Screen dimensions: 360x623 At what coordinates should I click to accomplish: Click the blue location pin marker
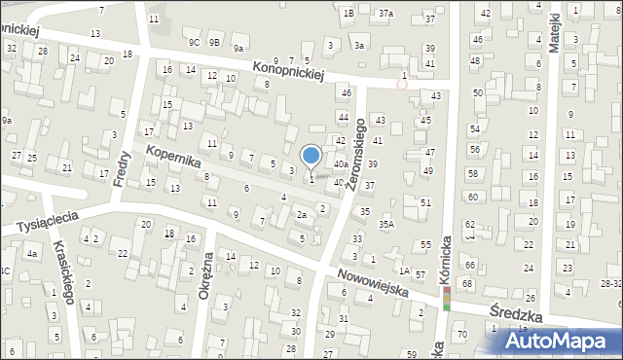point(311,157)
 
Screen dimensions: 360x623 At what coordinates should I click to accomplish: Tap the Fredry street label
point(123,166)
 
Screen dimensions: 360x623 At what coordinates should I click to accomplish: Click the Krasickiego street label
point(64,271)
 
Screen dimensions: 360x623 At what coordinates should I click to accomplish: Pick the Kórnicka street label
point(447,261)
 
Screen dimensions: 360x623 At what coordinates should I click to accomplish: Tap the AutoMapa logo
point(565,342)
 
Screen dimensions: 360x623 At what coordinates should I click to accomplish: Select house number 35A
point(387,225)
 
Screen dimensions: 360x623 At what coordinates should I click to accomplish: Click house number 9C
point(195,43)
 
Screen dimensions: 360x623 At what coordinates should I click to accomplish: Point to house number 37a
point(386,14)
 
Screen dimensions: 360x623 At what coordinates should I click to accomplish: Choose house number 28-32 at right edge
point(611,282)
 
